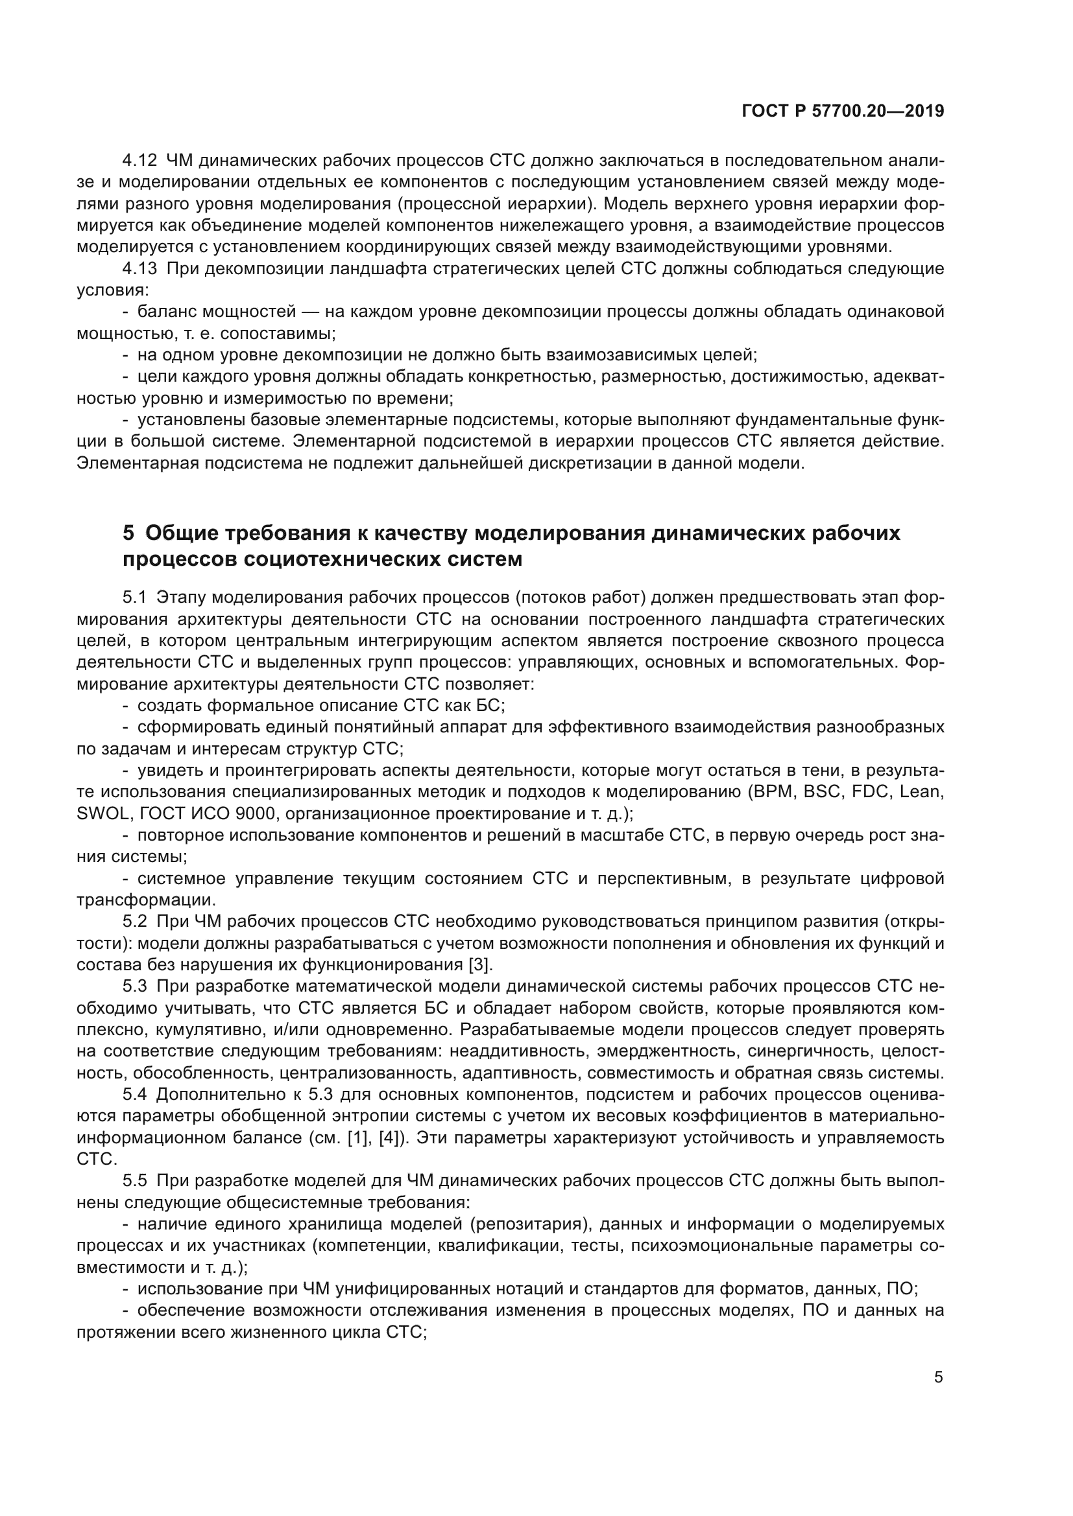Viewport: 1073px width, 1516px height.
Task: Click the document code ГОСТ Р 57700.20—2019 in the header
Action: [x=843, y=111]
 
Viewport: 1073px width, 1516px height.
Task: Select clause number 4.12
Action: [x=139, y=161]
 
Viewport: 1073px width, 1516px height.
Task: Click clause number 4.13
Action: [x=139, y=269]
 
